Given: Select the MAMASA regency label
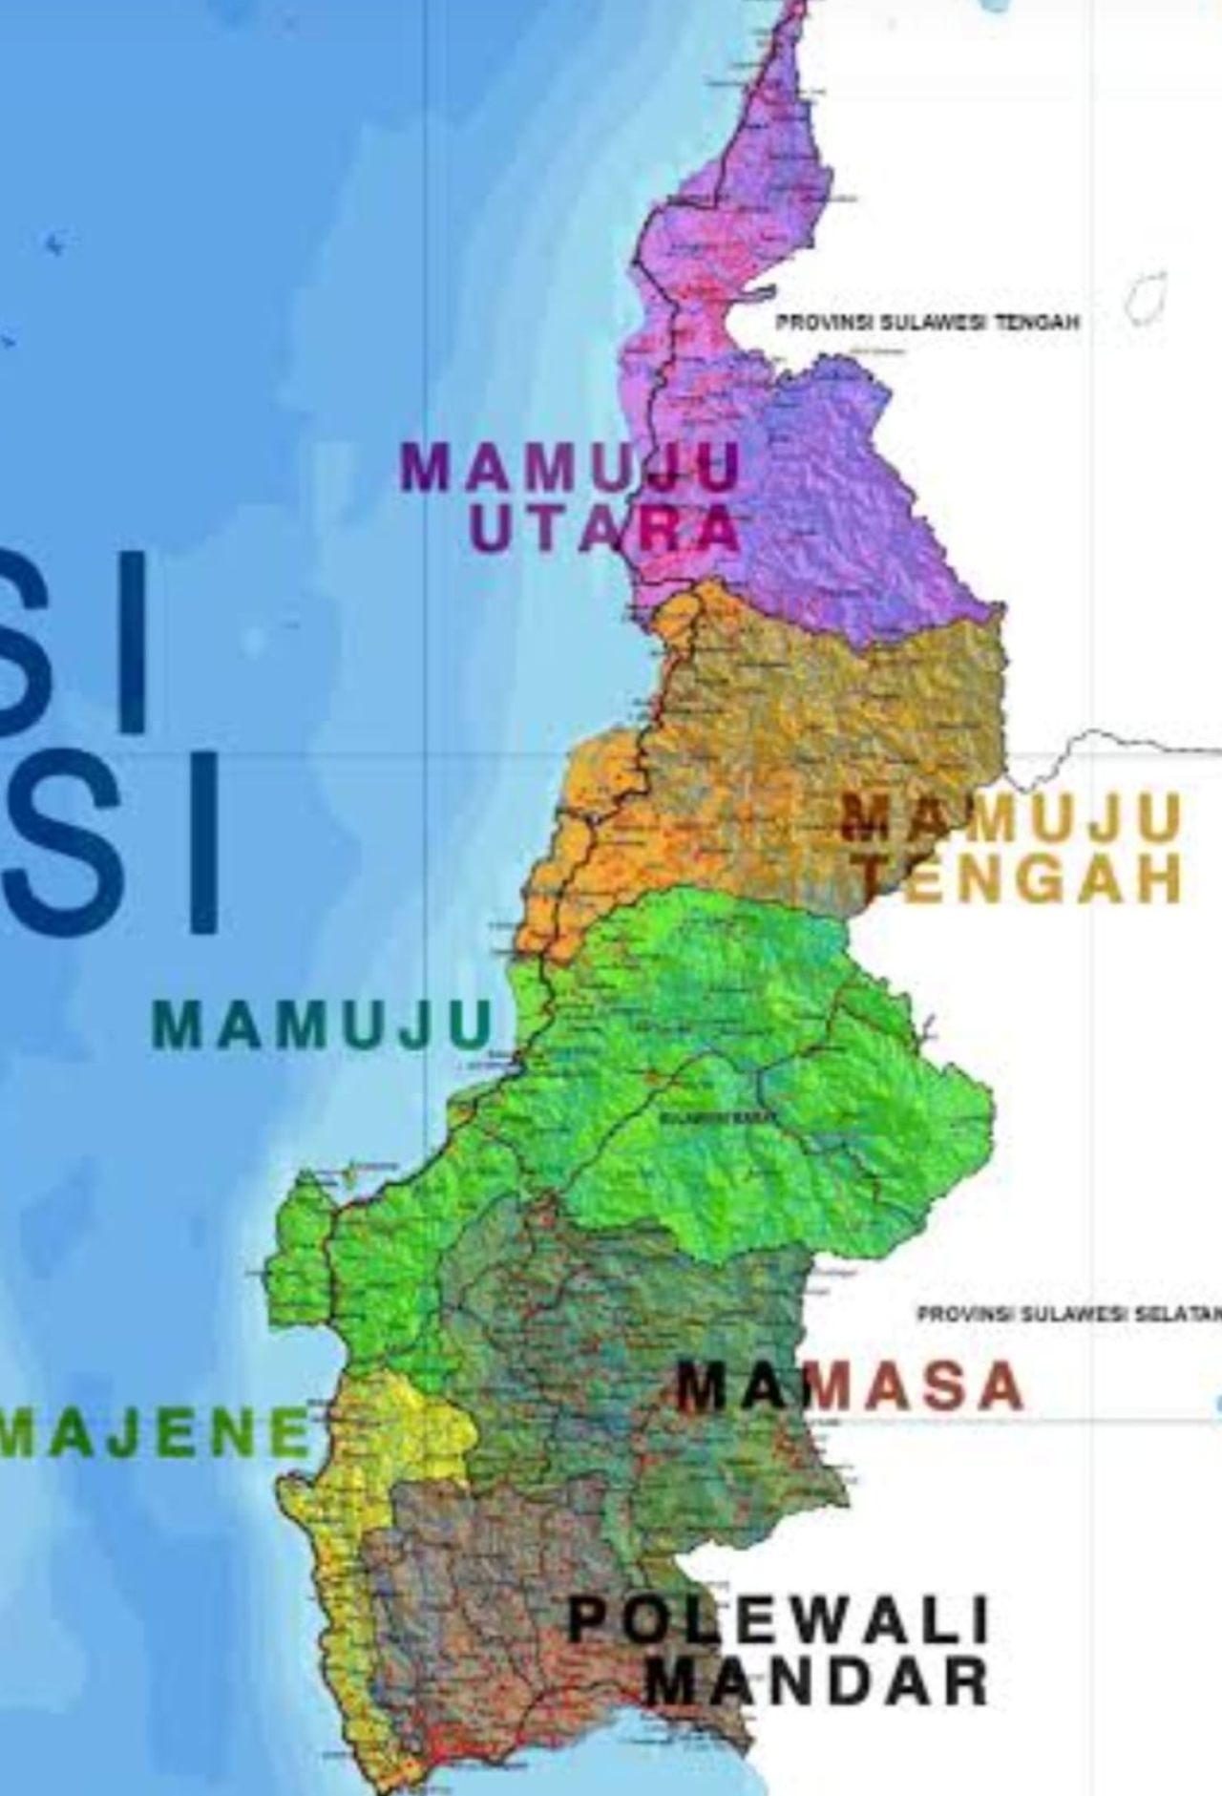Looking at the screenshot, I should tap(850, 1386).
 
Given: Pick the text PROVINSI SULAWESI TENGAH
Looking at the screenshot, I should tap(927, 323).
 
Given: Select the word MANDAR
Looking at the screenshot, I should tap(816, 1682).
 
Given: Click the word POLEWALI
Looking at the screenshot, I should tap(778, 1619).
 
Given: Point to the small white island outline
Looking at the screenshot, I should tap(1147, 296).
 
